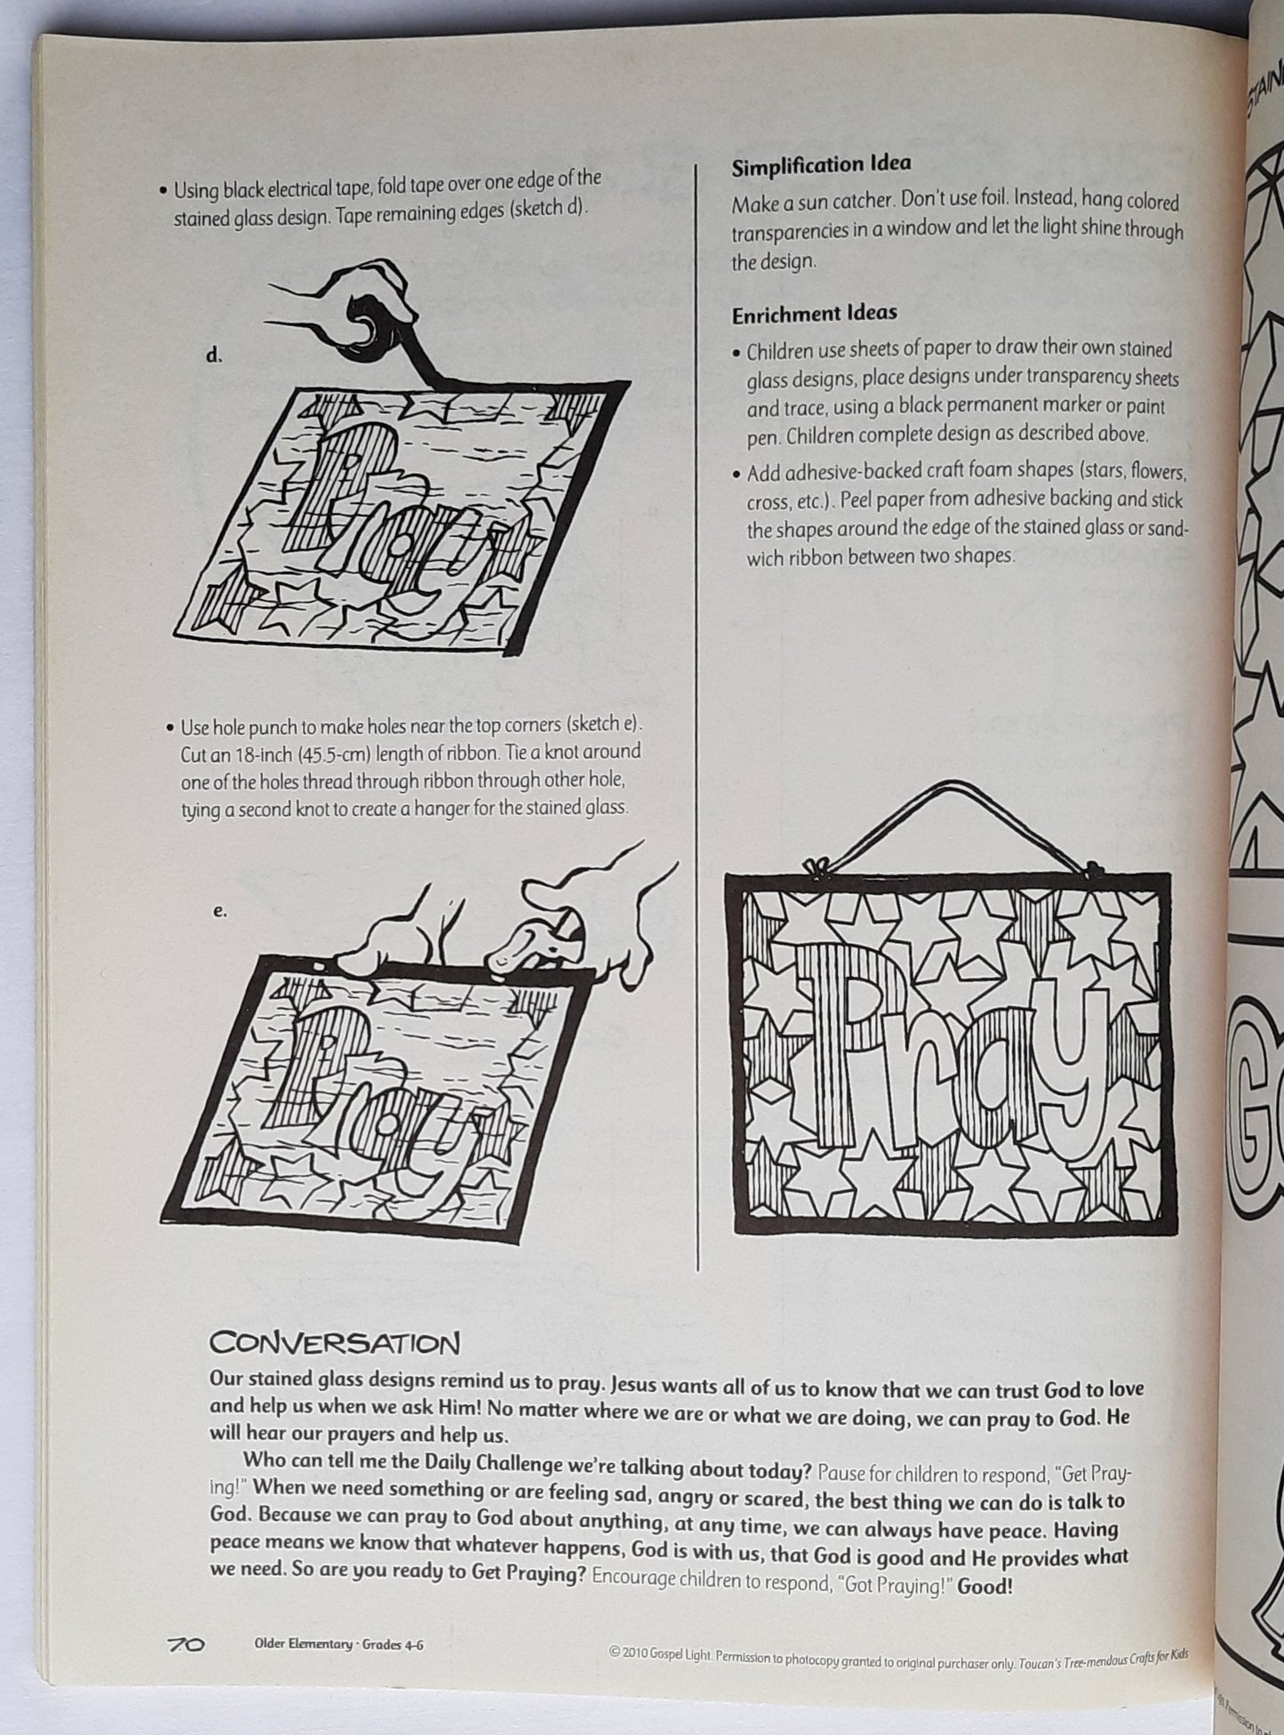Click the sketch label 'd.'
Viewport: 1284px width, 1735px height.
[x=213, y=355]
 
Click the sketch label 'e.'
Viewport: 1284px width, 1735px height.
[x=220, y=910]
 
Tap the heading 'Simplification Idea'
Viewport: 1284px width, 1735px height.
[x=821, y=165]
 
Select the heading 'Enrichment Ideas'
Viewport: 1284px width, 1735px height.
[x=814, y=313]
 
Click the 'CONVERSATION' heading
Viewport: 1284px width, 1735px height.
[x=335, y=1342]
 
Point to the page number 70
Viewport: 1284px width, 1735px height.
[x=187, y=1644]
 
